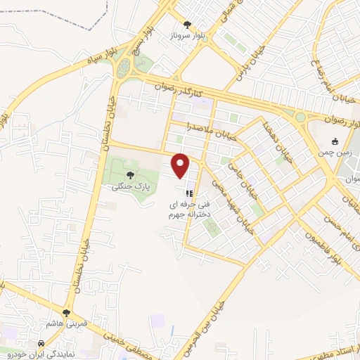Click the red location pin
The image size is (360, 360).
[181, 165]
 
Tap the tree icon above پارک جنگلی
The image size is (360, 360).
[129, 176]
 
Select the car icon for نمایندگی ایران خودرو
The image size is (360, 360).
[41, 345]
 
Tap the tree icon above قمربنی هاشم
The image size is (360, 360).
[67, 313]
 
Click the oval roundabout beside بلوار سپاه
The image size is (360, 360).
[124, 68]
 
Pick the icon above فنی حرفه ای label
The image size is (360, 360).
[188, 191]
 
